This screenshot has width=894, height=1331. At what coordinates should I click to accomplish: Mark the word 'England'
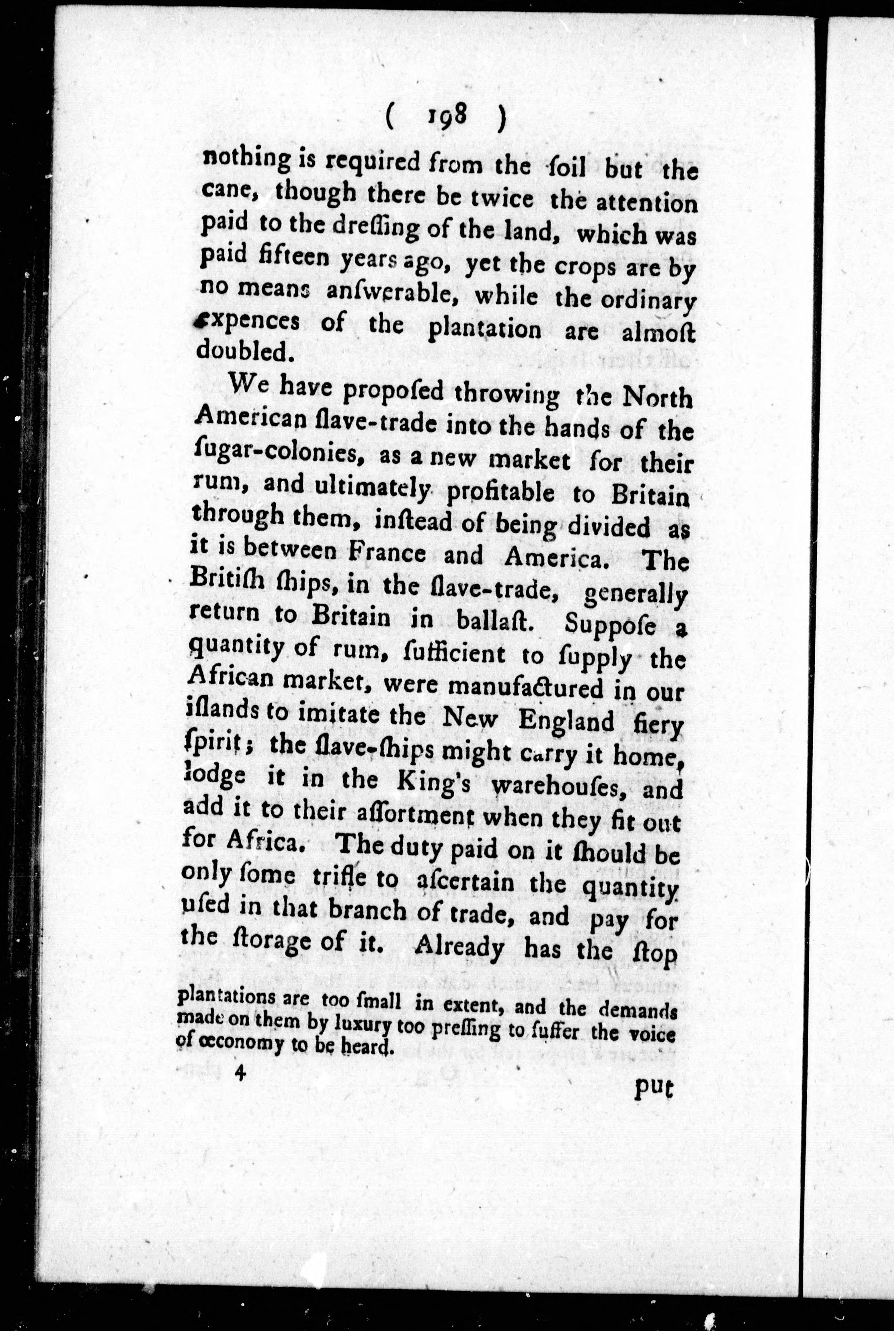pyautogui.click(x=566, y=721)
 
